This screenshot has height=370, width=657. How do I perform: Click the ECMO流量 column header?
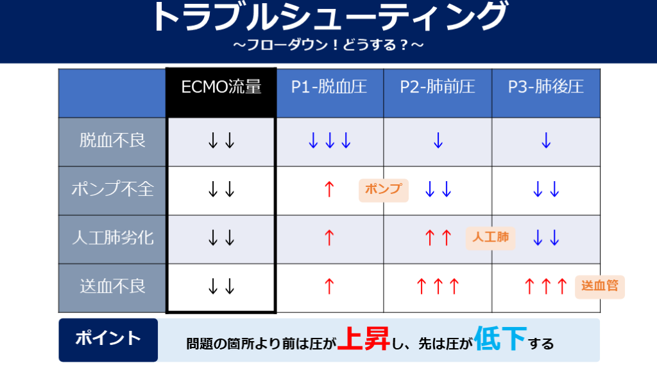(x=221, y=87)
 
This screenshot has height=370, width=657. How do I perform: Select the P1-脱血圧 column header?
(x=329, y=87)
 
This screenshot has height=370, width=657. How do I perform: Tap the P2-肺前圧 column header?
(x=438, y=87)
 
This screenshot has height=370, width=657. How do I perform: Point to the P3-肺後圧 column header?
(x=545, y=87)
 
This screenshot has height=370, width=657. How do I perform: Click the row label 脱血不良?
(x=112, y=141)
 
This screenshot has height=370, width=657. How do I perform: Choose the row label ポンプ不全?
(x=112, y=189)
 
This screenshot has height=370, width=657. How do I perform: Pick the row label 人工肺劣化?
(x=112, y=238)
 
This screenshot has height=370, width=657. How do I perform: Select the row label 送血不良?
(x=112, y=286)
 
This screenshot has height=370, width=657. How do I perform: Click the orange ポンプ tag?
(x=384, y=190)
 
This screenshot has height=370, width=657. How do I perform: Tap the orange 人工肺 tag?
(x=491, y=238)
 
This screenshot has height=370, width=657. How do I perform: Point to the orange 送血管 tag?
(x=600, y=286)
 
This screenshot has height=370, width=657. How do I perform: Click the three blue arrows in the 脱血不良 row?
(x=329, y=141)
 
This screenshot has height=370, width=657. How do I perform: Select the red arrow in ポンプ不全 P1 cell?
(x=329, y=189)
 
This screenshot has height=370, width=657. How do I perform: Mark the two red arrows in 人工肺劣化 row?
(x=438, y=238)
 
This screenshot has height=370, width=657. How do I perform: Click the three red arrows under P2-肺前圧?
(x=438, y=286)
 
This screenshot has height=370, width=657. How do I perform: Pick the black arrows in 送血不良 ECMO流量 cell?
(x=221, y=287)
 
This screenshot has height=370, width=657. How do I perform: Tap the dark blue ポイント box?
(x=108, y=340)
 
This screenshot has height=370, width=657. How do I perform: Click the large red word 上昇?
(x=364, y=339)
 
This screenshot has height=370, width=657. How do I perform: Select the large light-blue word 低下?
(x=500, y=339)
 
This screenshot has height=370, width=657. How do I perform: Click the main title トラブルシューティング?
(x=329, y=17)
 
